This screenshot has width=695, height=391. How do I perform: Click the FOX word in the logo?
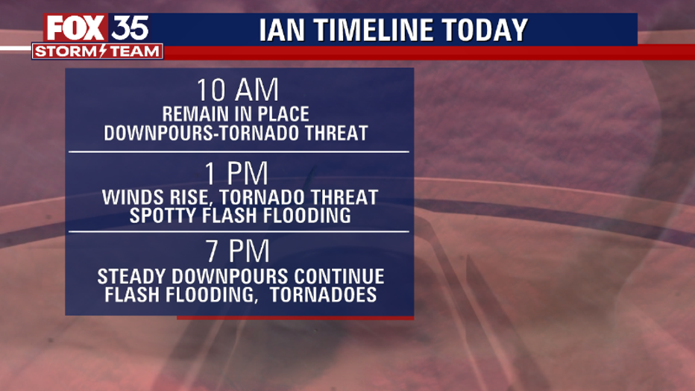tap(75, 28)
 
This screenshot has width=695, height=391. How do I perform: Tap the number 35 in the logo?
tap(130, 28)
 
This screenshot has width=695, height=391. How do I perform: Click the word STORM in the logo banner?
tap(66, 51)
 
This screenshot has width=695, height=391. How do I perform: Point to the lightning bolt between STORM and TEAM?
tap(103, 51)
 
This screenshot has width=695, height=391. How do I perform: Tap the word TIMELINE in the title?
tap(368, 30)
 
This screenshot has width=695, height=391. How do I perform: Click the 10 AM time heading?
tap(238, 90)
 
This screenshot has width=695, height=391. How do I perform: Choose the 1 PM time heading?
tap(237, 173)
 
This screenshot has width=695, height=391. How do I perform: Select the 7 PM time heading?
tap(238, 251)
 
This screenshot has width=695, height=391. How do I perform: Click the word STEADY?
tap(132, 277)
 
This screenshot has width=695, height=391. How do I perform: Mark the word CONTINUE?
tap(339, 277)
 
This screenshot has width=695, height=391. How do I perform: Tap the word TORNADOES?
tap(324, 295)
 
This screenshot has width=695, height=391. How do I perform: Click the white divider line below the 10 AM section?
tap(239, 151)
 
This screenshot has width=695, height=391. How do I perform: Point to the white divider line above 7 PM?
tap(239, 231)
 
